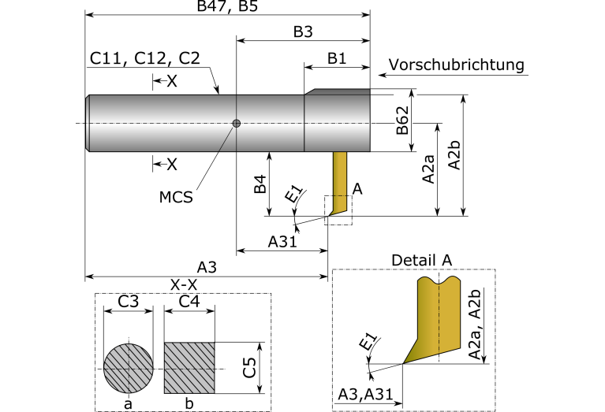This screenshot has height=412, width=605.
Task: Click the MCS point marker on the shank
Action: [x=237, y=124]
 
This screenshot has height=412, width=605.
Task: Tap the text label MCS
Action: [x=176, y=197]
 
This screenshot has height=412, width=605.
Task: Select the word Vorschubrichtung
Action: [x=457, y=65]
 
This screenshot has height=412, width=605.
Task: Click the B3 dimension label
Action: [x=303, y=32]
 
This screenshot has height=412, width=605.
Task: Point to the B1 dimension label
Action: [x=337, y=58]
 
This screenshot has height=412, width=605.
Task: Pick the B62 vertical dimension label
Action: [x=402, y=120]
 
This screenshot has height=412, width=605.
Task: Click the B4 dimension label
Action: [x=260, y=184]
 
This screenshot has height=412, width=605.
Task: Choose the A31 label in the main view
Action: [x=282, y=242]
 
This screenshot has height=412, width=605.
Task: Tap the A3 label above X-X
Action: [x=207, y=267]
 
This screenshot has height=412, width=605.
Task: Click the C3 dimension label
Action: [x=128, y=302]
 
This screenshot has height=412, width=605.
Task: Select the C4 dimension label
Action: [x=189, y=302]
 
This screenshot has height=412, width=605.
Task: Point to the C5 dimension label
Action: [x=249, y=368]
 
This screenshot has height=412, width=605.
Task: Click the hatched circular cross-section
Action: [x=129, y=369]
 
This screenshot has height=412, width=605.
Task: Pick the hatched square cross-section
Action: [x=189, y=368]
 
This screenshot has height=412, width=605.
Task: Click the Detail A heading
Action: [x=421, y=260]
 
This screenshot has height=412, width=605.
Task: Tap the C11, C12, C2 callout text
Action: [x=145, y=58]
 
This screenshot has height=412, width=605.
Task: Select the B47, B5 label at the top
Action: [x=227, y=6]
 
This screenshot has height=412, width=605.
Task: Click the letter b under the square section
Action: [x=189, y=403]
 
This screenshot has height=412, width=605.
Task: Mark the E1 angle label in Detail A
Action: [x=368, y=342]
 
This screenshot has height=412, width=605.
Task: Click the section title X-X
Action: [x=184, y=285]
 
